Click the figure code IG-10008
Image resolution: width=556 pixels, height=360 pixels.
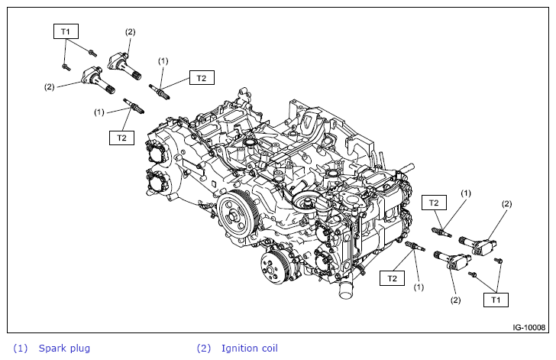tap(529, 326)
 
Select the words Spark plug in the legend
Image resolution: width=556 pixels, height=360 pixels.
tap(64, 349)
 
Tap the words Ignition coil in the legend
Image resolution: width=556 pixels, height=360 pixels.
tap(249, 349)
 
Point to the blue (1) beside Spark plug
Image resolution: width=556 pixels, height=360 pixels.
tap(20, 349)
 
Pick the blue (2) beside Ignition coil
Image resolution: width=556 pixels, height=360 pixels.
tap(203, 349)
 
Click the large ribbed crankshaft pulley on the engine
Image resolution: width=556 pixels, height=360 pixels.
tap(238, 216)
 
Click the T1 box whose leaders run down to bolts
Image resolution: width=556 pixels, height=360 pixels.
tap(66, 31)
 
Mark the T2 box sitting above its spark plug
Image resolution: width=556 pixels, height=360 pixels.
tap(434, 203)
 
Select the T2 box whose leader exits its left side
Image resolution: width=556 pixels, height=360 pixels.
tap(202, 77)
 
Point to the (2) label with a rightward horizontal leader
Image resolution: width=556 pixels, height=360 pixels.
tap(49, 87)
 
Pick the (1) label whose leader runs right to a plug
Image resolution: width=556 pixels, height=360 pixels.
tap(99, 112)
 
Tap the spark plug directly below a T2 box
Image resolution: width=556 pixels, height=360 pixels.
tap(441, 229)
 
